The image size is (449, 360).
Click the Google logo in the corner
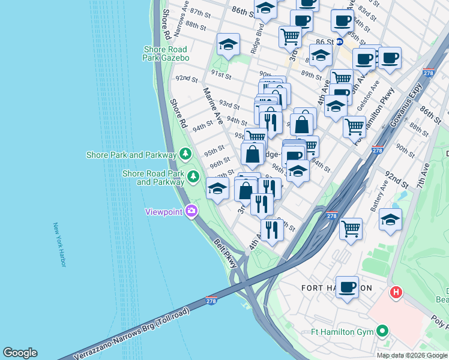tap(20, 353)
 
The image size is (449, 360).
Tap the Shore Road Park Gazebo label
tap(166, 53)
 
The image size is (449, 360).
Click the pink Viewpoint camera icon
tap(191, 211)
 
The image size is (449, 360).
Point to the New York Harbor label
tap(59, 245)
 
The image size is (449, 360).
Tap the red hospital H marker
tap(396, 293)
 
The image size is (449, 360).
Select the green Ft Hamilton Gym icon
tap(382, 331)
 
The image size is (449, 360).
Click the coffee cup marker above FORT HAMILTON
tap(347, 287)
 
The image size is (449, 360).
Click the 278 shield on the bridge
tap(211, 301)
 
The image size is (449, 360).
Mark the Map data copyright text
tap(412, 355)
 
